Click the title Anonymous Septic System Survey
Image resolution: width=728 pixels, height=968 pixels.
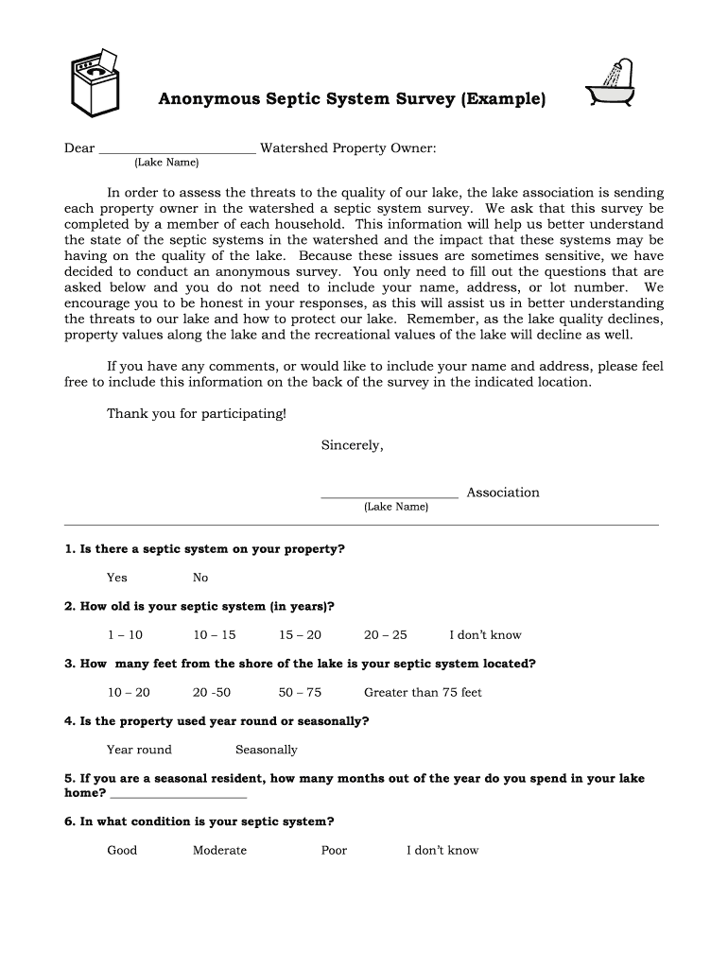[x=351, y=99]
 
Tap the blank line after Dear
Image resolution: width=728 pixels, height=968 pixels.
[x=177, y=149]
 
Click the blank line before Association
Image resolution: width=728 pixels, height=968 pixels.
[x=390, y=493]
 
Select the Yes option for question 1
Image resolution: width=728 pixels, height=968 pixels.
[x=116, y=578]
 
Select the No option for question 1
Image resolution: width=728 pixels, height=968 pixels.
[x=200, y=578]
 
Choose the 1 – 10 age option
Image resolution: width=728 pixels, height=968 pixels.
[x=125, y=635]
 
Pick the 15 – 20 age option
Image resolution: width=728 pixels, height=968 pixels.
[x=300, y=635]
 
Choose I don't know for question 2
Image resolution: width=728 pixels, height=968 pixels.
[x=485, y=635]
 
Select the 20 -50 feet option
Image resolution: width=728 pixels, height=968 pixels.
[x=212, y=692]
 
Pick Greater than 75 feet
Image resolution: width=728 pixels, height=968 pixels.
[x=423, y=692]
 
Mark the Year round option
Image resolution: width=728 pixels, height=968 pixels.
[x=139, y=750]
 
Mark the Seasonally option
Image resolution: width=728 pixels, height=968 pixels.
[x=266, y=750]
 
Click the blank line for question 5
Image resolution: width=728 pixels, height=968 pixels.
[x=178, y=795]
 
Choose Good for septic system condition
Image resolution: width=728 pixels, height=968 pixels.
[x=122, y=850]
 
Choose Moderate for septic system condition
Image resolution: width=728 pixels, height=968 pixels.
[x=219, y=850]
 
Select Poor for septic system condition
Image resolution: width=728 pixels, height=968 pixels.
[x=334, y=850]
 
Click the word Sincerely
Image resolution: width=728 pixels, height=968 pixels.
[x=352, y=445]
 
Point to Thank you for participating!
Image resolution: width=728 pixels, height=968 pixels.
[x=196, y=414]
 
